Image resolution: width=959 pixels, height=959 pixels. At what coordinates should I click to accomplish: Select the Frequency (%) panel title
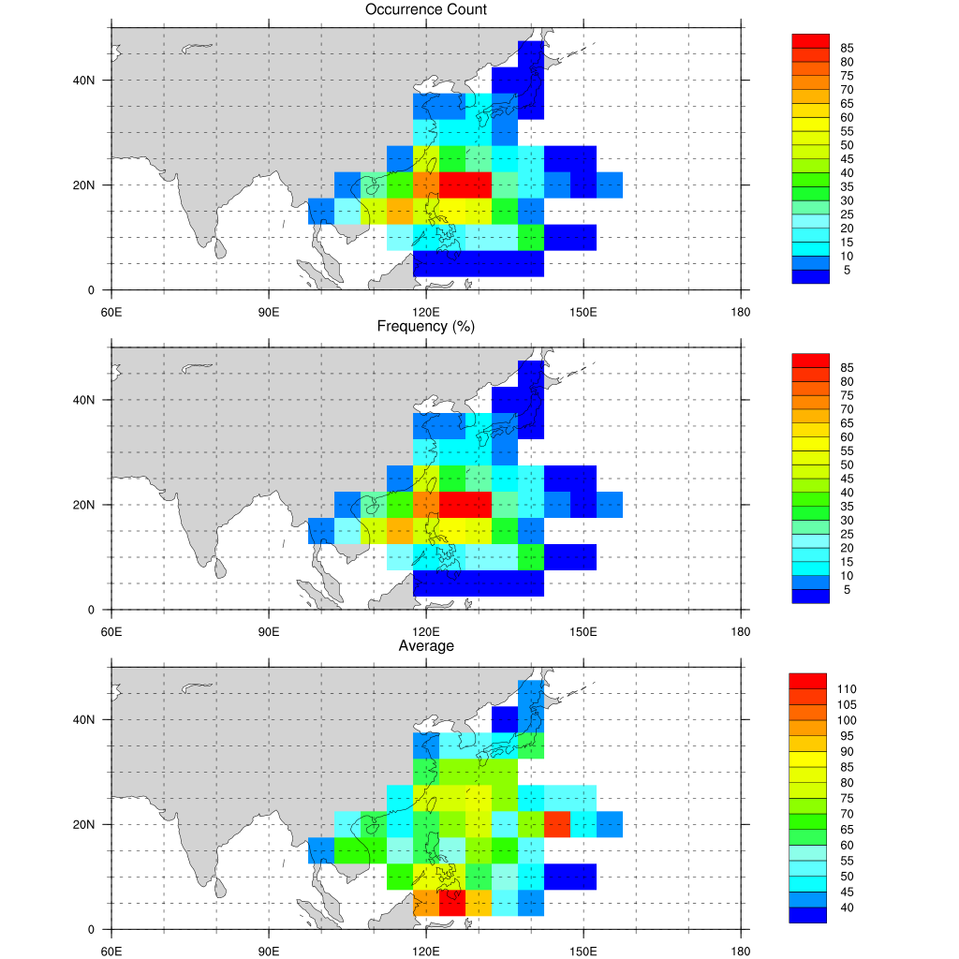(425, 327)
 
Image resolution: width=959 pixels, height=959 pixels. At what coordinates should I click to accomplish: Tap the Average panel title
(426, 646)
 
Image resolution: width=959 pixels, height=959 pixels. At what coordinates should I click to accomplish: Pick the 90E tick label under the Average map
(269, 946)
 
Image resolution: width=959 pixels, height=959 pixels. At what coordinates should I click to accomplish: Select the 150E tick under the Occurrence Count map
(583, 307)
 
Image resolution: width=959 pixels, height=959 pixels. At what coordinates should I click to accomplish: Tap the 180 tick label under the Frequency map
(740, 627)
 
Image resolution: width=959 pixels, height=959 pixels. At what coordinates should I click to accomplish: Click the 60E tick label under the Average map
(111, 946)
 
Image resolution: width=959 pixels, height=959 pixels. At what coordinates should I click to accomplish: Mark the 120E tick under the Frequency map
(426, 627)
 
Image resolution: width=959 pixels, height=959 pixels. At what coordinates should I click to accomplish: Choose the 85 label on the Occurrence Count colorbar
(847, 48)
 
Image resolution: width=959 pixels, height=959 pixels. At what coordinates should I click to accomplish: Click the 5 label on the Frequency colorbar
(847, 589)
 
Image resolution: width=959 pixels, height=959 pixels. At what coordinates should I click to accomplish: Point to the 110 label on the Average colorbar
(848, 689)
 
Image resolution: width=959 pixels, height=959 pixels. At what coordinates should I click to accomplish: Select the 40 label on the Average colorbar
(847, 907)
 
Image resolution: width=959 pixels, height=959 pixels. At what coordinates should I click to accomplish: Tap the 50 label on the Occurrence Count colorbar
(847, 145)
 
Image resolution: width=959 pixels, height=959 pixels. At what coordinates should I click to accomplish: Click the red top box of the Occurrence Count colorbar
(810, 40)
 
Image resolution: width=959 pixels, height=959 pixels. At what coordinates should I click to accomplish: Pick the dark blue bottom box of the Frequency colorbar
(810, 596)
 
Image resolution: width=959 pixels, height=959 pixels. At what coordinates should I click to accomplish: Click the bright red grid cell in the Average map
(452, 903)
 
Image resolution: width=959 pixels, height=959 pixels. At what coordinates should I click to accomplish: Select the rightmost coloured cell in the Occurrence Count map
(610, 184)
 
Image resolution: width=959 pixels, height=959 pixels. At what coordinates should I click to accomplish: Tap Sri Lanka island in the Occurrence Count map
(219, 249)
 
